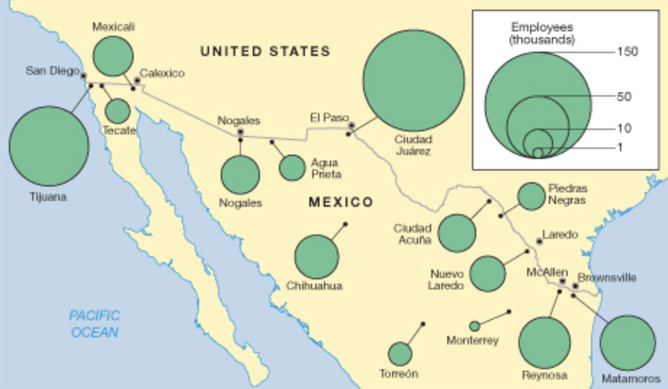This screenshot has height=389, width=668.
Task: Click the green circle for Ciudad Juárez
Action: click(414, 80)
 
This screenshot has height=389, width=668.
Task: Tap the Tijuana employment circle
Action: click(49, 146)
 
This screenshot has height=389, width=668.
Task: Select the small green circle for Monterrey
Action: click(475, 326)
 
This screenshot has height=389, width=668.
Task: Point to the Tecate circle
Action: click(117, 111)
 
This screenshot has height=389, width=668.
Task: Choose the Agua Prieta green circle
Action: click(292, 168)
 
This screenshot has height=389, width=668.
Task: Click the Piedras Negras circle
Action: click(531, 196)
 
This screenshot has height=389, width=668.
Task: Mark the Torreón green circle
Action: click(400, 354)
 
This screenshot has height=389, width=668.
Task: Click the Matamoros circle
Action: click(628, 343)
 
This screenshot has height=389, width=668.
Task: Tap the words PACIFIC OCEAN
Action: click(94, 324)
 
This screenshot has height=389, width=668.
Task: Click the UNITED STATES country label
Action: click(265, 51)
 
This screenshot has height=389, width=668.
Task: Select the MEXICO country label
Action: click(340, 202)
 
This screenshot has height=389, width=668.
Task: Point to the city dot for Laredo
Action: click(539, 241)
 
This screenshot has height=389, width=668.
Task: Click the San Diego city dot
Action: click(83, 76)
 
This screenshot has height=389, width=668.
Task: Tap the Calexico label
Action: click(162, 73)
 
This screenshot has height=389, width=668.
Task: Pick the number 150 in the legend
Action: click(627, 51)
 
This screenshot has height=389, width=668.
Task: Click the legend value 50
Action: click(624, 96)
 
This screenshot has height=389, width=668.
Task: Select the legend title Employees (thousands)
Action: click(542, 33)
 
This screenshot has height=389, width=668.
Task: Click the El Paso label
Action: click(329, 118)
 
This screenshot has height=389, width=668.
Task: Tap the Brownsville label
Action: click(607, 277)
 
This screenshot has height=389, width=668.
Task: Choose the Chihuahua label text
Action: click(314, 286)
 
